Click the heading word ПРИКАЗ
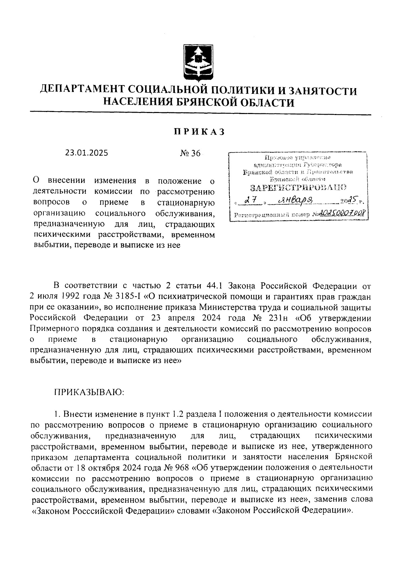click(199, 132)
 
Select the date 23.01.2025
click(87, 153)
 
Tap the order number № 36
click(190, 153)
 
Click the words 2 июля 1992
click(54, 297)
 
